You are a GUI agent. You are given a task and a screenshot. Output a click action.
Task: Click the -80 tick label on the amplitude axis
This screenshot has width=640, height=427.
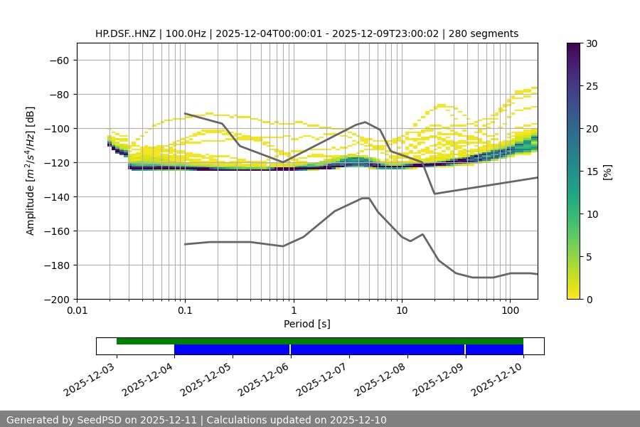tap(58, 95)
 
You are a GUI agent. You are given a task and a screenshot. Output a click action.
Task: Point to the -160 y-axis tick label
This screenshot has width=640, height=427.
tap(56, 231)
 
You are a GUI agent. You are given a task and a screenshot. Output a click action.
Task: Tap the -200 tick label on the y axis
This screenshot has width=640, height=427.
tap(56, 300)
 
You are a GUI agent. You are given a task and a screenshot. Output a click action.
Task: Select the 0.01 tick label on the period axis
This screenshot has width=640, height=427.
tap(77, 311)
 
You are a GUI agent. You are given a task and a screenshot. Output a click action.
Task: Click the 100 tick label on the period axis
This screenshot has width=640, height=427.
tap(510, 311)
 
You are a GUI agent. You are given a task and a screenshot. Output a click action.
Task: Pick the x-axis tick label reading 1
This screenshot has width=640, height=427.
tap(293, 311)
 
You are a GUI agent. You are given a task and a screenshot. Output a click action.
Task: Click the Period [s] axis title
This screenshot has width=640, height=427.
tap(307, 325)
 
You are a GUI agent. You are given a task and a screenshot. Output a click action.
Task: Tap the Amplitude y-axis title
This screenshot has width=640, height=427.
tap(31, 171)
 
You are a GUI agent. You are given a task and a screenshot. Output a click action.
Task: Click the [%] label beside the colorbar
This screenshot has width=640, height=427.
tap(607, 172)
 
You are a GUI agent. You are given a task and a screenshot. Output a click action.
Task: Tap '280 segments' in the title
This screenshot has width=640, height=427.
tap(486, 33)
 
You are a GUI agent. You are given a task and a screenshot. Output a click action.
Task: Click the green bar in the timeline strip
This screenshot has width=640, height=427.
tap(320, 341)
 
